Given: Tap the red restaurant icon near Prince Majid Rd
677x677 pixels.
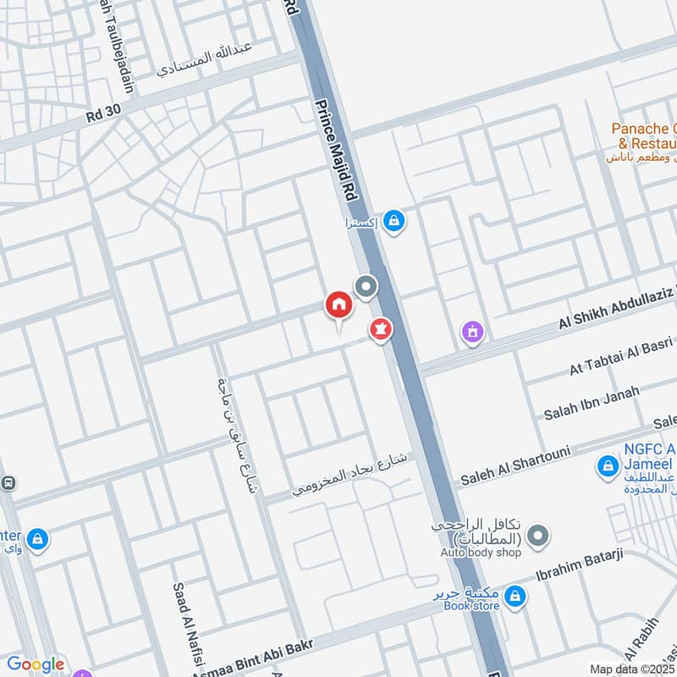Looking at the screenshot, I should tap(380, 330).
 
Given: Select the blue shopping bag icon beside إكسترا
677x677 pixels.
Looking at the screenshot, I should tap(394, 222).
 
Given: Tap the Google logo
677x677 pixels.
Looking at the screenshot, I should tap(36, 664).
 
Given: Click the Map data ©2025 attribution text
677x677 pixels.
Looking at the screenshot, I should tap(632, 669).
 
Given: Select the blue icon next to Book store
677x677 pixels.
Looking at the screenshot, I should tap(513, 597).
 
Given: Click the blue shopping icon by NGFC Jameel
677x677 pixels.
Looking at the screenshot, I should tap(607, 465).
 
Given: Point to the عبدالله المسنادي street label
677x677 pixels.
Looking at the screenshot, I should tap(206, 59).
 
